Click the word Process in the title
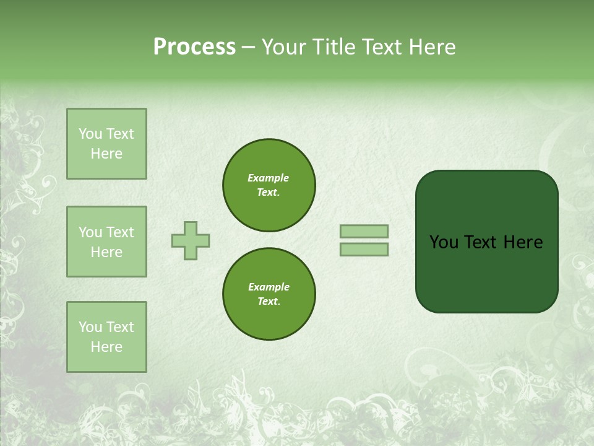(x=194, y=47)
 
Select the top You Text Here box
(x=106, y=144)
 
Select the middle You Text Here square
(x=106, y=242)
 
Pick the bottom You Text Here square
(x=106, y=337)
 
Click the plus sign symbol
(x=191, y=240)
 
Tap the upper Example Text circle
(x=269, y=185)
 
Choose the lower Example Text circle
(x=269, y=294)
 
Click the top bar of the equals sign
(x=364, y=231)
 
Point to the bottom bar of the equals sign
(x=364, y=249)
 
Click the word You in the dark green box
(x=443, y=242)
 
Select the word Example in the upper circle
(x=269, y=178)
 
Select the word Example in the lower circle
(x=269, y=287)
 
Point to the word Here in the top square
(x=106, y=154)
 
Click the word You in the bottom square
(x=90, y=327)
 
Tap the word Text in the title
(x=379, y=47)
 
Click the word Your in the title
(x=283, y=47)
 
